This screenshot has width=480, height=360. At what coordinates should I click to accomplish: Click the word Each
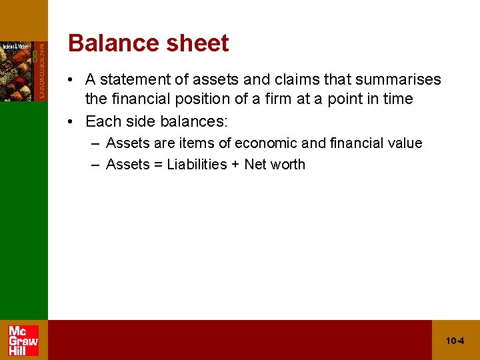[101, 121]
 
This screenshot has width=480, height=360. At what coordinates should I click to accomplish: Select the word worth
[288, 165]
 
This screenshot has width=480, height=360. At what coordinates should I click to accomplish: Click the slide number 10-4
[455, 341]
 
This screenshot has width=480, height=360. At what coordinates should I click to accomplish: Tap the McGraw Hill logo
[23, 340]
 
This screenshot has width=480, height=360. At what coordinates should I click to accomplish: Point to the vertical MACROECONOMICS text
[42, 71]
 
